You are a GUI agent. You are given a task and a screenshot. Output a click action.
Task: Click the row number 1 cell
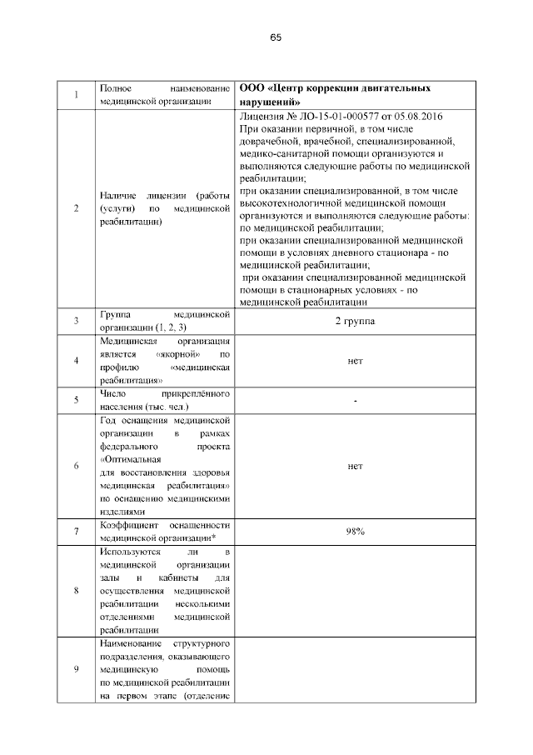(x=76, y=94)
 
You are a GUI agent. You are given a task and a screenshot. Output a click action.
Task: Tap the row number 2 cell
(x=76, y=208)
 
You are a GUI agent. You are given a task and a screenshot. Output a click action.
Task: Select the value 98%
(x=355, y=531)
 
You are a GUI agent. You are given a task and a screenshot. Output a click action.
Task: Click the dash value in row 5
(x=355, y=401)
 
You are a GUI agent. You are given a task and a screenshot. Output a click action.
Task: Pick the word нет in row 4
(x=355, y=361)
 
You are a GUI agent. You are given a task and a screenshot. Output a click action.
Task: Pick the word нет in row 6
(x=355, y=467)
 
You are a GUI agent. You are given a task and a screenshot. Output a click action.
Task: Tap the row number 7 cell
(x=76, y=531)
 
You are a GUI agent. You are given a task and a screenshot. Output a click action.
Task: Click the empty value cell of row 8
(x=355, y=591)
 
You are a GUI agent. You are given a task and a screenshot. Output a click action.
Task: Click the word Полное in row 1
(x=113, y=88)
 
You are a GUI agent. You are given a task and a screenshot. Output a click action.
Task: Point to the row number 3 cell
(x=76, y=321)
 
